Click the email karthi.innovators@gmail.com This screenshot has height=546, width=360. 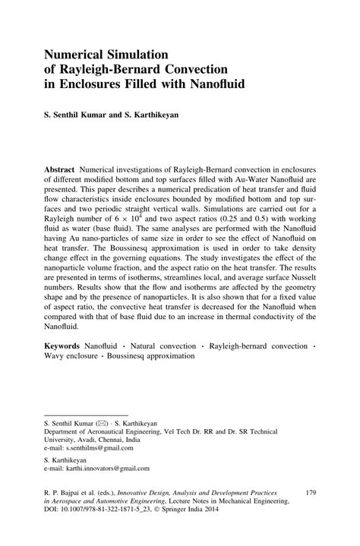pos(96,469)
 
